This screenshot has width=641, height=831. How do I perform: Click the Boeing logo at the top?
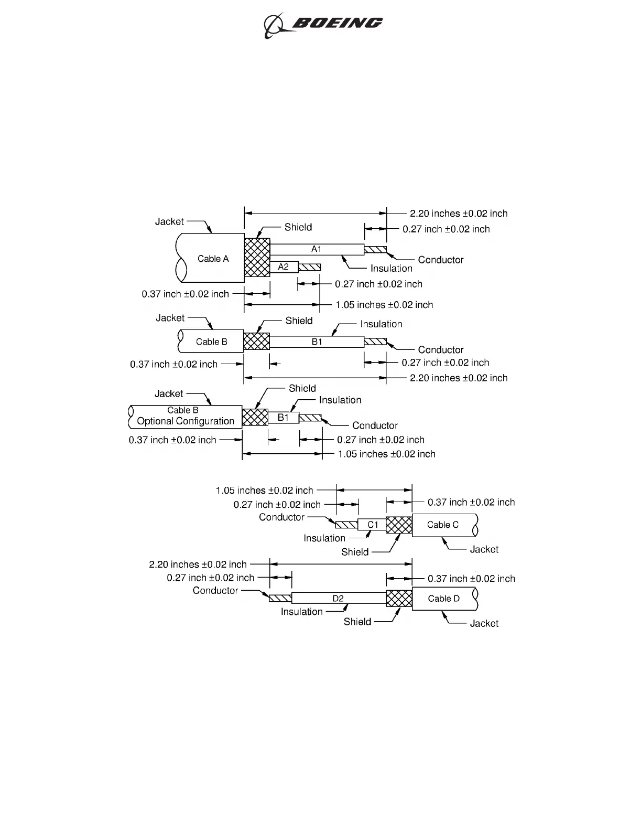coord(323,25)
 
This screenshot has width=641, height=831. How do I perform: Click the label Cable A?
coord(213,259)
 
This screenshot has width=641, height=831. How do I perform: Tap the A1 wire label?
coord(317,249)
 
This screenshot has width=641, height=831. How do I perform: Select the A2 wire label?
coord(283,267)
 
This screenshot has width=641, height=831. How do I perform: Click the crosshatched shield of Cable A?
coord(257,258)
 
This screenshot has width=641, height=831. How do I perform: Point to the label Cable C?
coord(442,525)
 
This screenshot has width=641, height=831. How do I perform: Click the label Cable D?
coord(443,599)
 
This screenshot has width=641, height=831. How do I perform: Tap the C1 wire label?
coord(373,525)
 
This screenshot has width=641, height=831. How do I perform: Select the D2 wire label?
coord(338,599)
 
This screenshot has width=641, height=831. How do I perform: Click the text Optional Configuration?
coord(186,421)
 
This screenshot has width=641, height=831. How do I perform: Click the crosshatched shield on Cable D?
coord(399,599)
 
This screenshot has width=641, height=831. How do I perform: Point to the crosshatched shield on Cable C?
coord(399,525)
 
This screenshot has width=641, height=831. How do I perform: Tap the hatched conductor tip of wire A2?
coord(310,267)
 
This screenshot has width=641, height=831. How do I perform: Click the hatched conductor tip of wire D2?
coord(280,599)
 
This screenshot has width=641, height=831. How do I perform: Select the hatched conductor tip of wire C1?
coord(346,525)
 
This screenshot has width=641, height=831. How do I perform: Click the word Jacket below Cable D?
coord(484,623)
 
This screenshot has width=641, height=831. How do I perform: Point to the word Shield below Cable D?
coord(357,622)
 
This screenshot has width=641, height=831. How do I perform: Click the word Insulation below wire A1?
coord(391,269)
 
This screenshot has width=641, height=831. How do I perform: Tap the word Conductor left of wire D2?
coord(215,591)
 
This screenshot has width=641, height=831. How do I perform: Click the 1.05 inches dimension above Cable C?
coord(264,491)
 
